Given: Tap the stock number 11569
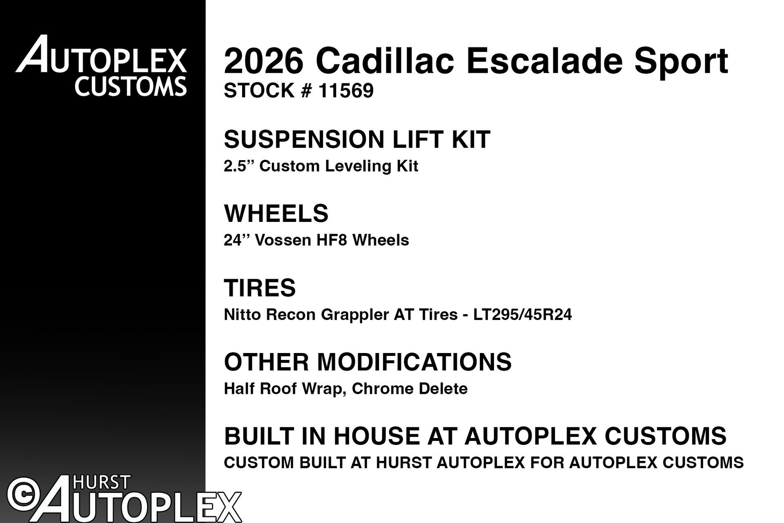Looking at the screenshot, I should click(x=346, y=91).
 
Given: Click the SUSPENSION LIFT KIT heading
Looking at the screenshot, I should click(x=357, y=139).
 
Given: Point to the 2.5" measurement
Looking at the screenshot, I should click(x=237, y=166).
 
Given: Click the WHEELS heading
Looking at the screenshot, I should click(x=276, y=213).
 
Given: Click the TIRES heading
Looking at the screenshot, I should click(x=260, y=288).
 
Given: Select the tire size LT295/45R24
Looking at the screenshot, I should click(x=523, y=315).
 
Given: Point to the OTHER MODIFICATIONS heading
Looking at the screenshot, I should click(x=367, y=362).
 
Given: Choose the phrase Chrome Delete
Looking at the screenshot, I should click(x=410, y=389).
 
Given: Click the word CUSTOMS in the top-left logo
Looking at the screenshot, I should click(x=131, y=87).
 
